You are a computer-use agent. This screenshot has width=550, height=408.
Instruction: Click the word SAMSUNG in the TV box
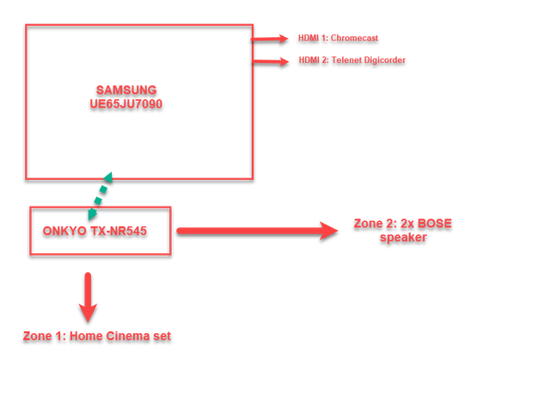coord(127,90)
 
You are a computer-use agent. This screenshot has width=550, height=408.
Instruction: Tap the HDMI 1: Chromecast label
coord(338,38)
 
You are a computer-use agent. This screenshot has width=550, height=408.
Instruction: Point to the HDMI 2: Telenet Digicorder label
coord(351,59)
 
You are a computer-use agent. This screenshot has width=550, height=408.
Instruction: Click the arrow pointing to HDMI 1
coord(270,38)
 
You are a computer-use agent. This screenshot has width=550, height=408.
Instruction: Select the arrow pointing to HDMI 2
coord(270,60)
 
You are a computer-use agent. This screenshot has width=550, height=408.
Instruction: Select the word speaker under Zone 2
coord(403,237)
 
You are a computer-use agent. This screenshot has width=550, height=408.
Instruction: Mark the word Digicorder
coord(384,59)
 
